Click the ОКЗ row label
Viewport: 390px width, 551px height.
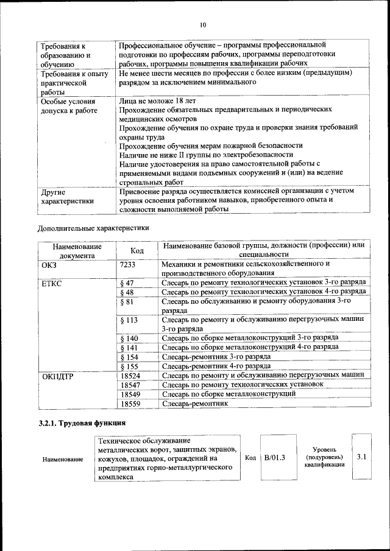(x=49, y=264)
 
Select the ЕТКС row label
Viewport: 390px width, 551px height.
(x=51, y=283)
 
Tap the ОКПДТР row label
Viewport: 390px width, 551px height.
(x=58, y=376)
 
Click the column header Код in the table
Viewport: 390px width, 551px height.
(x=138, y=251)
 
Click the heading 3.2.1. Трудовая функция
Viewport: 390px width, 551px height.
(x=82, y=422)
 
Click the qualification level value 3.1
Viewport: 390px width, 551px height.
(x=361, y=456)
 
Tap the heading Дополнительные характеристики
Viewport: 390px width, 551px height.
(x=93, y=228)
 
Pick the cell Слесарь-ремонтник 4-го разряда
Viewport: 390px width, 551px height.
(x=216, y=366)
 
